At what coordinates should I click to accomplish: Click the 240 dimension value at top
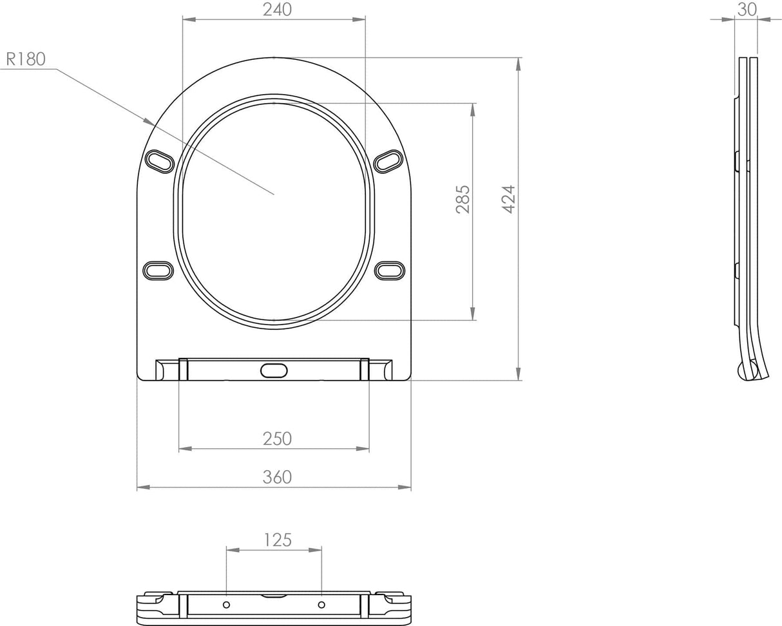(278, 10)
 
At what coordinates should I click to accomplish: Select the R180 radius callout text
(26, 59)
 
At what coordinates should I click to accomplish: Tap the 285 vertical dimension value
(463, 200)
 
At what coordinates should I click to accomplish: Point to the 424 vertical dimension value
(508, 200)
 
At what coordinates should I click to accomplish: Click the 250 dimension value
(277, 439)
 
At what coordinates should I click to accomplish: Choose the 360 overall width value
(277, 477)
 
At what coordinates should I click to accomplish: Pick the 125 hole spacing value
(278, 539)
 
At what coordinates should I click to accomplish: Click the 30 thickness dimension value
(747, 9)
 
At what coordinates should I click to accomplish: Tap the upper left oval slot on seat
(159, 161)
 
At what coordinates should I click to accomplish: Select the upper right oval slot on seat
(389, 161)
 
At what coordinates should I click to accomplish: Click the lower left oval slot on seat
(158, 270)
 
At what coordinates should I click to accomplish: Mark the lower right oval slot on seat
(390, 270)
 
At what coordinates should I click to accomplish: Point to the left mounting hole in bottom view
(227, 605)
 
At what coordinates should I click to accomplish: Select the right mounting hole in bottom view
(321, 605)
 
